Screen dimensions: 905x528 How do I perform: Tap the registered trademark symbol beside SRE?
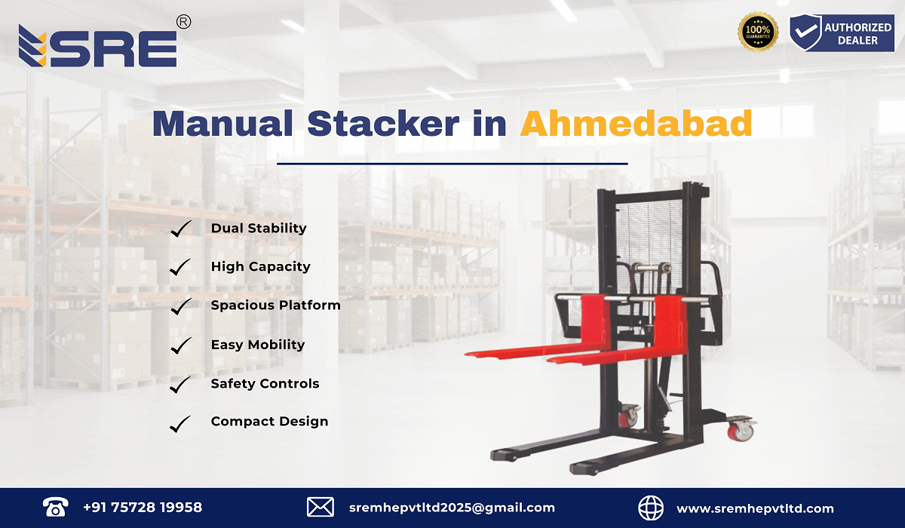click(x=183, y=22)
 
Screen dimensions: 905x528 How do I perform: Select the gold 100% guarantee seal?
click(x=758, y=32)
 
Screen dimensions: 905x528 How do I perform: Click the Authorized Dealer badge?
click(x=842, y=32)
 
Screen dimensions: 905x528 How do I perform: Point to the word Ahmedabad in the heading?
click(x=636, y=124)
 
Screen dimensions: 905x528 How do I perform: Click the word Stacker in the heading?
click(x=383, y=124)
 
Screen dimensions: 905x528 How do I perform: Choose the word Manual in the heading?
click(x=222, y=124)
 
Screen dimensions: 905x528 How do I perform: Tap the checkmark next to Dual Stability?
click(x=180, y=229)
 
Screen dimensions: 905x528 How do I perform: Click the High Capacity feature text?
click(x=261, y=266)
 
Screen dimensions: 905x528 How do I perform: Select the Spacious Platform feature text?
click(x=275, y=305)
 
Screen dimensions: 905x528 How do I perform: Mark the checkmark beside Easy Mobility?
click(x=180, y=345)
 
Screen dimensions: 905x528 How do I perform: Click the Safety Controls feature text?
click(x=265, y=383)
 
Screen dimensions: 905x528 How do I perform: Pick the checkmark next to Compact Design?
click(x=179, y=424)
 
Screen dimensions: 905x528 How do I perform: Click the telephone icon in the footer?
click(x=55, y=507)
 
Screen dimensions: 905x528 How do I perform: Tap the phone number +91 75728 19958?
click(x=143, y=508)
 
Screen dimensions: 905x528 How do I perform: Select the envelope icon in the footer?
click(x=321, y=507)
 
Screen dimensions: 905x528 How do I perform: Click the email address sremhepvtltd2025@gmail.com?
click(x=452, y=508)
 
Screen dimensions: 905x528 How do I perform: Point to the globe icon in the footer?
click(x=650, y=508)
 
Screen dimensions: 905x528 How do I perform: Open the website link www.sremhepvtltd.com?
click(x=755, y=508)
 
